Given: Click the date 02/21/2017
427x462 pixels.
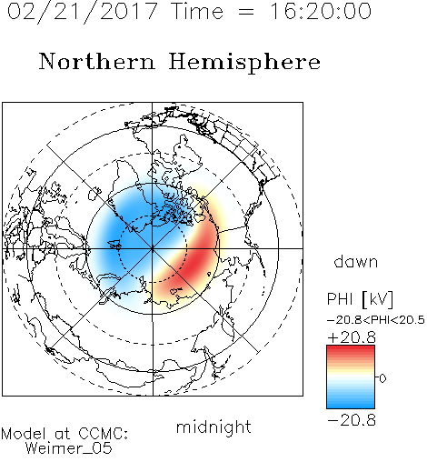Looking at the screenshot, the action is point(83,12).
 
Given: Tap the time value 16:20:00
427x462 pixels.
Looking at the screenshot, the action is point(321,11).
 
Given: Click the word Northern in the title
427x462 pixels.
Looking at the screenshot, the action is point(97,61).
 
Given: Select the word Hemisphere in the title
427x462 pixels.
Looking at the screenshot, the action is point(244,63).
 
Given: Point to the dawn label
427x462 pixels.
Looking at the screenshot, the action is point(356,261).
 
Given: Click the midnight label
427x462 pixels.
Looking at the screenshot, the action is point(213,427).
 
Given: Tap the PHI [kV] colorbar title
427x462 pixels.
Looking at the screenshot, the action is point(360,299).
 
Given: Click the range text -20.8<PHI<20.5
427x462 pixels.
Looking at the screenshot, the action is point(376,320).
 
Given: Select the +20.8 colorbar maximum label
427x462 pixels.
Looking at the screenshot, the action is point(352,337).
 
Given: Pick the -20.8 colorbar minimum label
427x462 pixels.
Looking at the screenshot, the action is point(352,420).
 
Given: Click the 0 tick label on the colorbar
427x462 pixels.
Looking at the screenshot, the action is point(382,378).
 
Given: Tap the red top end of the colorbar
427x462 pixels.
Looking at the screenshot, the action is point(351,347).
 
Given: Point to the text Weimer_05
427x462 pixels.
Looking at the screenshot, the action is point(69,447).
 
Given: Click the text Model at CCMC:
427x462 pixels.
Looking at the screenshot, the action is point(65,434).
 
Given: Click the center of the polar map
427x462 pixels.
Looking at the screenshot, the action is point(153,248).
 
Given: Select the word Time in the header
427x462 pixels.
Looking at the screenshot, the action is point(197,12).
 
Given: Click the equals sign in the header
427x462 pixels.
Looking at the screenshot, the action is point(246,13).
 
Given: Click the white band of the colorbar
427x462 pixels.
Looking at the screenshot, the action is point(351,378).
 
